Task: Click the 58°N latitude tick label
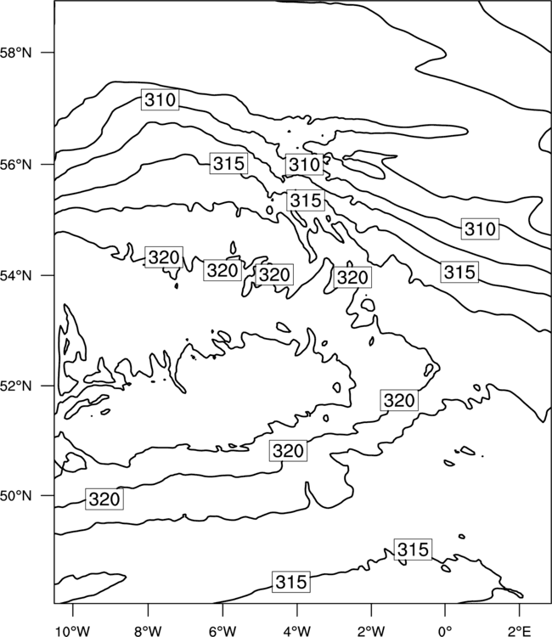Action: (15, 53)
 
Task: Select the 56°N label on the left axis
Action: (15, 165)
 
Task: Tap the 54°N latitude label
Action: (15, 276)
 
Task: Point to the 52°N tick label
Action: (15, 386)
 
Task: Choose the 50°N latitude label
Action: (15, 496)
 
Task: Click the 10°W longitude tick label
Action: (73, 631)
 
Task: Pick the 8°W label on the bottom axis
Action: (148, 631)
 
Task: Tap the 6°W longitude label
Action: (222, 631)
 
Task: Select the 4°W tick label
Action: (297, 631)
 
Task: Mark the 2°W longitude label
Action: (371, 631)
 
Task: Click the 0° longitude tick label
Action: (445, 631)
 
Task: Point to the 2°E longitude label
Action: (520, 631)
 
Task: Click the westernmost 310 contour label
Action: (160, 99)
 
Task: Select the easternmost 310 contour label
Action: (480, 228)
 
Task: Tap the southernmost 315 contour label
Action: (290, 582)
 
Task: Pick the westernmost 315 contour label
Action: (228, 163)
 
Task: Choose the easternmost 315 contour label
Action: (459, 272)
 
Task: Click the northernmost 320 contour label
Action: (164, 256)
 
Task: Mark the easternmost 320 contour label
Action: (399, 400)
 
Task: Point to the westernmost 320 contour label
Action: (104, 499)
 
